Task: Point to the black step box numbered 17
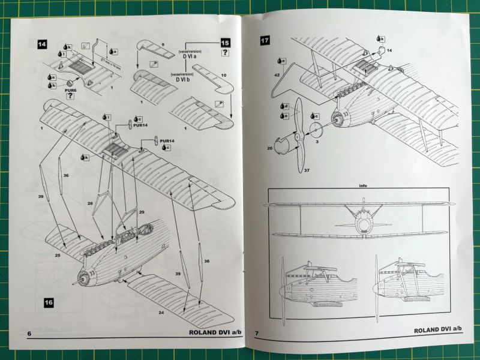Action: coord(265,41)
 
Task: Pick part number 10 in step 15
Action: coord(223,76)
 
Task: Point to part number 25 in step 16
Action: coord(58,256)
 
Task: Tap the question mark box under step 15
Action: coord(224,54)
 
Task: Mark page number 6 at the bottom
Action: coord(28,333)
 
